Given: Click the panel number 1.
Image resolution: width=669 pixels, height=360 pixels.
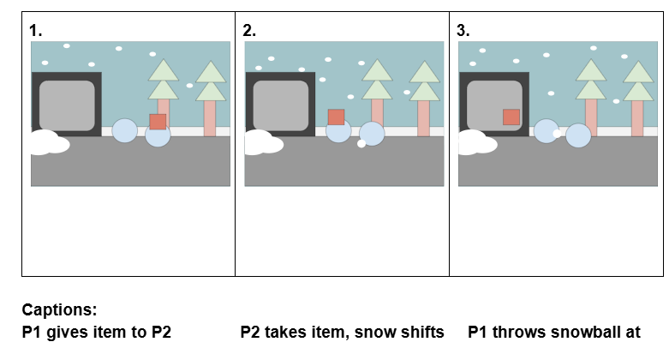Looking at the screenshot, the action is [x=35, y=31].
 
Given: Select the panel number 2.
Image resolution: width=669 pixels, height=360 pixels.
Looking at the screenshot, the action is [x=249, y=31].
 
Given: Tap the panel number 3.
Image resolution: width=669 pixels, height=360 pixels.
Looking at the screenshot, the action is [x=463, y=31].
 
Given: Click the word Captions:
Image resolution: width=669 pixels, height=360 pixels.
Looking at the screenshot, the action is [x=59, y=309].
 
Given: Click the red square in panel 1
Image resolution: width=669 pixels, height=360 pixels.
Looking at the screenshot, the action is [x=158, y=122].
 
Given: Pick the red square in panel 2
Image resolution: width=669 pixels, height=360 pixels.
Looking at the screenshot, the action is [x=336, y=117].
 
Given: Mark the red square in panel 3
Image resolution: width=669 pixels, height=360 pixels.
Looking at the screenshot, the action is [x=511, y=117].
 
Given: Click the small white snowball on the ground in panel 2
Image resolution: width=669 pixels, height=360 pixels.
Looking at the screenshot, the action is [x=361, y=144].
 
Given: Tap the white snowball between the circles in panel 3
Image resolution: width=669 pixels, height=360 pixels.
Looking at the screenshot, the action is [x=558, y=134].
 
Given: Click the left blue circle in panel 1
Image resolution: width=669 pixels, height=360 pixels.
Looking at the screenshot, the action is [x=124, y=130].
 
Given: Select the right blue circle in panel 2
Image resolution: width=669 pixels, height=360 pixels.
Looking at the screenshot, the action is [x=372, y=134].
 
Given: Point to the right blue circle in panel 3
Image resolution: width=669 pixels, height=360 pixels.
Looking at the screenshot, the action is [x=578, y=135].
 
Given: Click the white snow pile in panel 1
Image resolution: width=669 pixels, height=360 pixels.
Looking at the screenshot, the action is [x=50, y=142].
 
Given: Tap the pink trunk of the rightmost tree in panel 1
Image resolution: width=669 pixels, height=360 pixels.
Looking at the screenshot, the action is [x=210, y=118].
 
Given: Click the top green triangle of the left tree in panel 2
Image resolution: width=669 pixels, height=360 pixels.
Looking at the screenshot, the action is [x=377, y=70].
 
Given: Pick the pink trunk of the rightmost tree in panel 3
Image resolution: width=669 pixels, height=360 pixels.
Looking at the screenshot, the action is [x=637, y=118].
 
